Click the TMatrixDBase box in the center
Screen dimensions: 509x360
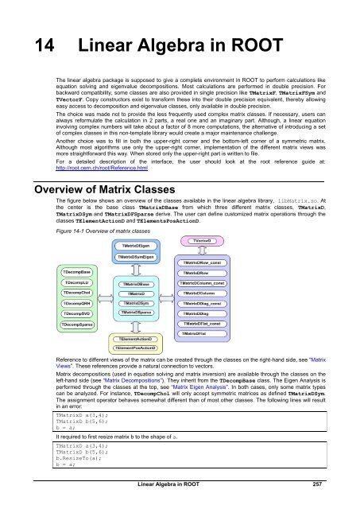(141, 285)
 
